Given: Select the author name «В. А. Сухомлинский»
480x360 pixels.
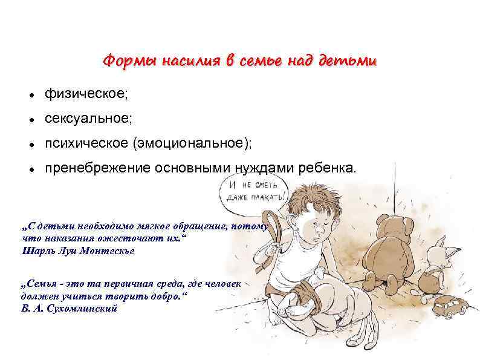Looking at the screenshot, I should pyautogui.click(x=69, y=308).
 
